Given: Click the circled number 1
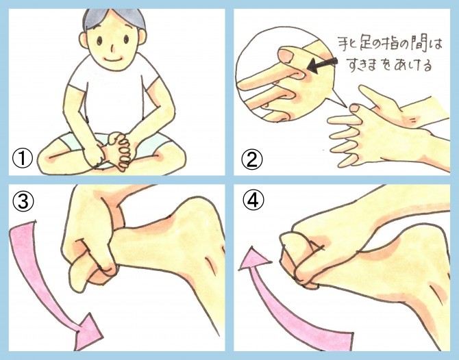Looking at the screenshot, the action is [22, 159].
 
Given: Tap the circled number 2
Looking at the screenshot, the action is [251, 159].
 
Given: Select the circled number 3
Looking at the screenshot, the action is [23, 202].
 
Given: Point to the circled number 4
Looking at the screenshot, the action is [253, 201].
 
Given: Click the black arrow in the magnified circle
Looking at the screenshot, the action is [322, 65].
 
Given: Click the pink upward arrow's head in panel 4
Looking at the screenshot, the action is [254, 259].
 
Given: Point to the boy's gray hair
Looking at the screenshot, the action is [114, 17].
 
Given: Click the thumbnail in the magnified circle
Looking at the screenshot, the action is [287, 55].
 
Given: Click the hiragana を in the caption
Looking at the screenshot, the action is [386, 65].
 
